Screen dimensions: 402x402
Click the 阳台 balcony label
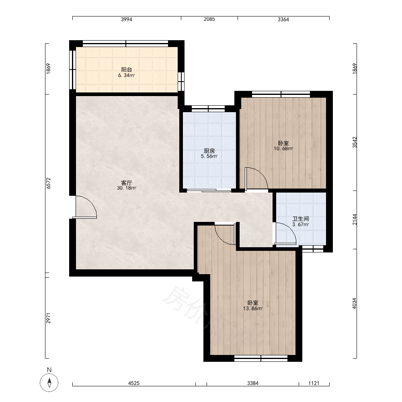[126, 70]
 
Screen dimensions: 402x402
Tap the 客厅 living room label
[126, 183]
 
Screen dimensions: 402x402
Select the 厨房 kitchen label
[209, 151]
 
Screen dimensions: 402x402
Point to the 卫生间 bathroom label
[300, 219]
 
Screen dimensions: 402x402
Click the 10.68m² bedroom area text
[283, 148]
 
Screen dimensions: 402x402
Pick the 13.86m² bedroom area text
[253, 308]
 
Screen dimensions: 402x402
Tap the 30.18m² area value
[126, 188]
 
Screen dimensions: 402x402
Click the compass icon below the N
[49, 383]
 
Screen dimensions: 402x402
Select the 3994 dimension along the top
[127, 19]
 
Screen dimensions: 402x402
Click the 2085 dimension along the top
[209, 19]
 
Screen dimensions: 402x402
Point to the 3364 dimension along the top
[283, 19]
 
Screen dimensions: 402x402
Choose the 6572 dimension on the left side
[49, 183]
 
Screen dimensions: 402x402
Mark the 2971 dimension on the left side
[49, 318]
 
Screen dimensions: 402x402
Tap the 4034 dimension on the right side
[354, 303]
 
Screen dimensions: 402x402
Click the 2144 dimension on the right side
[354, 220]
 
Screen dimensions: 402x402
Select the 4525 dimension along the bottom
[134, 383]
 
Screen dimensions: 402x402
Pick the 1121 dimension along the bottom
[314, 383]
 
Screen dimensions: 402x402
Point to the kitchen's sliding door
[209, 190]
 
